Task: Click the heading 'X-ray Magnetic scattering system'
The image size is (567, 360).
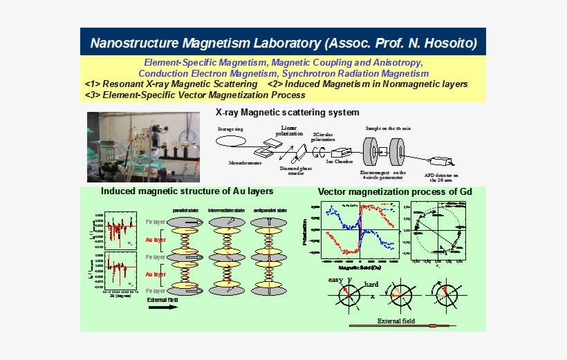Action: [288, 112]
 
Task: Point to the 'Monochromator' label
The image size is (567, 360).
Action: [245, 164]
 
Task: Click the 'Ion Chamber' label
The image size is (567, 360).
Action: [340, 162]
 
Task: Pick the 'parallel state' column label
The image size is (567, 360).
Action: [187, 210]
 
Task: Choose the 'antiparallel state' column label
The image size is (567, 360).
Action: [270, 210]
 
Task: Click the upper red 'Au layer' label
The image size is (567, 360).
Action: [156, 240]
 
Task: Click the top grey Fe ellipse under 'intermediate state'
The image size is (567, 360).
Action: [227, 221]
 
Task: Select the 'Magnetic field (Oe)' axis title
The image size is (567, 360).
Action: [356, 267]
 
